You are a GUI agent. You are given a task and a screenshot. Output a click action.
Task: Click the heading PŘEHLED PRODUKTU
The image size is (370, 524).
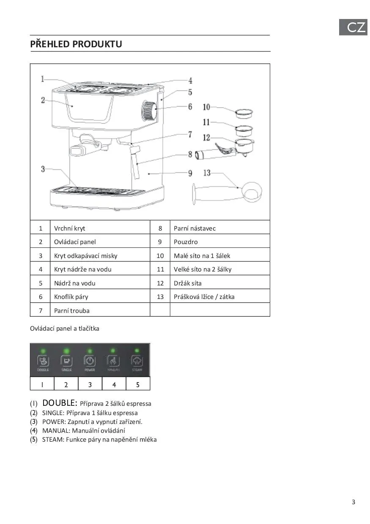[76, 44]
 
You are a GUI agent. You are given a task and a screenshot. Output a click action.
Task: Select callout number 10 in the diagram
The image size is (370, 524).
[206, 108]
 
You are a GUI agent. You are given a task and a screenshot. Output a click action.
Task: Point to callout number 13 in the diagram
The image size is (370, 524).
[207, 173]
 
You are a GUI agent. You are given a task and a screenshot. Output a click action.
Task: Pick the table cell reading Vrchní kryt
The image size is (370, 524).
[70, 228]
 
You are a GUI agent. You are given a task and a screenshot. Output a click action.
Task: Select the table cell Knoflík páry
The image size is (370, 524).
[71, 297]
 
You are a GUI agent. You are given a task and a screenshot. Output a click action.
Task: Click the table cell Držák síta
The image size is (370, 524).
[188, 283]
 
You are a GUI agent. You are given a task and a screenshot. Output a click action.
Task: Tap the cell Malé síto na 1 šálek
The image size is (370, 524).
[202, 256]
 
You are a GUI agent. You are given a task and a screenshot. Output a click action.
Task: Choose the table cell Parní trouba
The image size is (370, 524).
[72, 311]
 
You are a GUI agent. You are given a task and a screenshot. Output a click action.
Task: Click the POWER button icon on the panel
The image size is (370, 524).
[90, 361]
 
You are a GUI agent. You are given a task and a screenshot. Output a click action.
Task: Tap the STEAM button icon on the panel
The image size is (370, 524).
[137, 361]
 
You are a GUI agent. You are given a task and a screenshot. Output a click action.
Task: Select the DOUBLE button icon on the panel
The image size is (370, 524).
[43, 361]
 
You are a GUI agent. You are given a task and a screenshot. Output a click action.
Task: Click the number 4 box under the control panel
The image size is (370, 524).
[114, 385]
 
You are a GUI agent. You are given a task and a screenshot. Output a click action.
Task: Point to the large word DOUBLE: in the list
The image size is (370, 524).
[60, 403]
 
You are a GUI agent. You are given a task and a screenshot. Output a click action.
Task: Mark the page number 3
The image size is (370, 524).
[354, 502]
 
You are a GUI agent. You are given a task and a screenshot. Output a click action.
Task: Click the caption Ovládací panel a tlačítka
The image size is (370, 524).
[65, 329]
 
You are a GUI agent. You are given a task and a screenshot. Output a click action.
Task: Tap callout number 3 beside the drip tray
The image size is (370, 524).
[43, 169]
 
